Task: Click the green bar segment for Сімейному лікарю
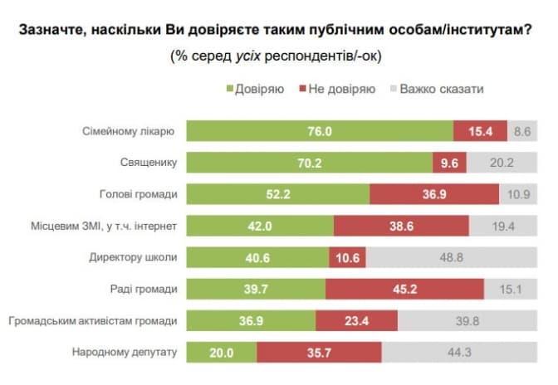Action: click(x=319, y=131)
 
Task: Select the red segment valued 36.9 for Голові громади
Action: click(x=434, y=194)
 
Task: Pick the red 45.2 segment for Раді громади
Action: click(x=405, y=289)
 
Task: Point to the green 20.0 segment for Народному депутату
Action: click(x=222, y=352)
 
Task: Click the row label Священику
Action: click(x=149, y=163)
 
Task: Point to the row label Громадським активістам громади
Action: click(x=92, y=320)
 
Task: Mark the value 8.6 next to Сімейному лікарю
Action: click(x=522, y=131)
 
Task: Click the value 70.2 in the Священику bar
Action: click(x=309, y=163)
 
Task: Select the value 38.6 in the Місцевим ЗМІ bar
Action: click(x=401, y=226)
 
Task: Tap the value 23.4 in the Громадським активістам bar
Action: click(x=357, y=320)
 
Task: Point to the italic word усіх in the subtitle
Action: click(x=248, y=56)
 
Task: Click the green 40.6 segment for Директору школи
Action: click(x=257, y=257)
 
